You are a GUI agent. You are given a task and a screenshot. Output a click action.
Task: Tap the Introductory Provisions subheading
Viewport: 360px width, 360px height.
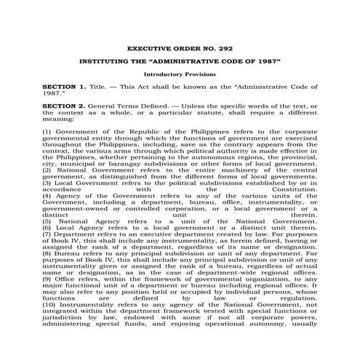[179, 75]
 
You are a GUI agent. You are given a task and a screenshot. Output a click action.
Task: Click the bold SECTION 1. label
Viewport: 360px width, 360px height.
[65, 87]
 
